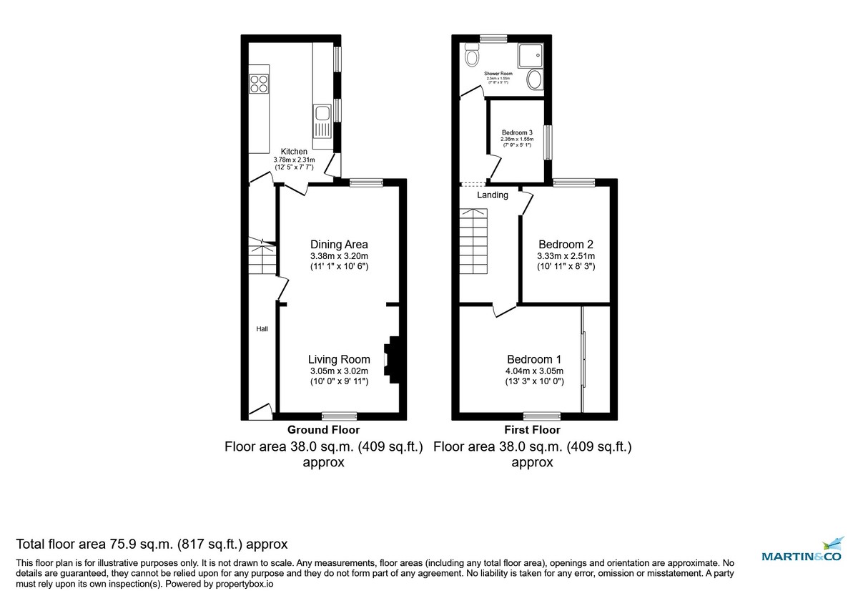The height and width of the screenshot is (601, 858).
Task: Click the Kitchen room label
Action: pyautogui.click(x=294, y=152)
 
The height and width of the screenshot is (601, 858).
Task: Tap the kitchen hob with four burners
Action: pyautogui.click(x=258, y=84)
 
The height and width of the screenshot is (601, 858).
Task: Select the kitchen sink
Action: pyautogui.click(x=322, y=113)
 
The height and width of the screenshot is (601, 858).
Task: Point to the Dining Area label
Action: pyautogui.click(x=339, y=245)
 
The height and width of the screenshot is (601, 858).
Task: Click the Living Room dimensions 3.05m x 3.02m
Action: pyautogui.click(x=339, y=371)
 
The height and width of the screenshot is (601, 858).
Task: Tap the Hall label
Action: pyautogui.click(x=262, y=329)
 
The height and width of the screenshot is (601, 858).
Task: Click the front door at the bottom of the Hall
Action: pyautogui.click(x=260, y=411)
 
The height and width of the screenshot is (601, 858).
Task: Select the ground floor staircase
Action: pyautogui.click(x=262, y=259)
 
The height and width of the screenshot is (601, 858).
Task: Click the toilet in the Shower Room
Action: pyautogui.click(x=472, y=55)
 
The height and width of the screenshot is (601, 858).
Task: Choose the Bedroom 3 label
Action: pyautogui.click(x=516, y=133)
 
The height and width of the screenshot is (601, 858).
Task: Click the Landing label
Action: pyautogui.click(x=493, y=195)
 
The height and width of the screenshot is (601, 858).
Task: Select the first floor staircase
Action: pyautogui.click(x=473, y=243)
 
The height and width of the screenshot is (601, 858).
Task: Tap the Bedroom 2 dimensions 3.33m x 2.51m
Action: pyautogui.click(x=566, y=255)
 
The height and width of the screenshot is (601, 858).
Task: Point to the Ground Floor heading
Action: pyautogui.click(x=323, y=430)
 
